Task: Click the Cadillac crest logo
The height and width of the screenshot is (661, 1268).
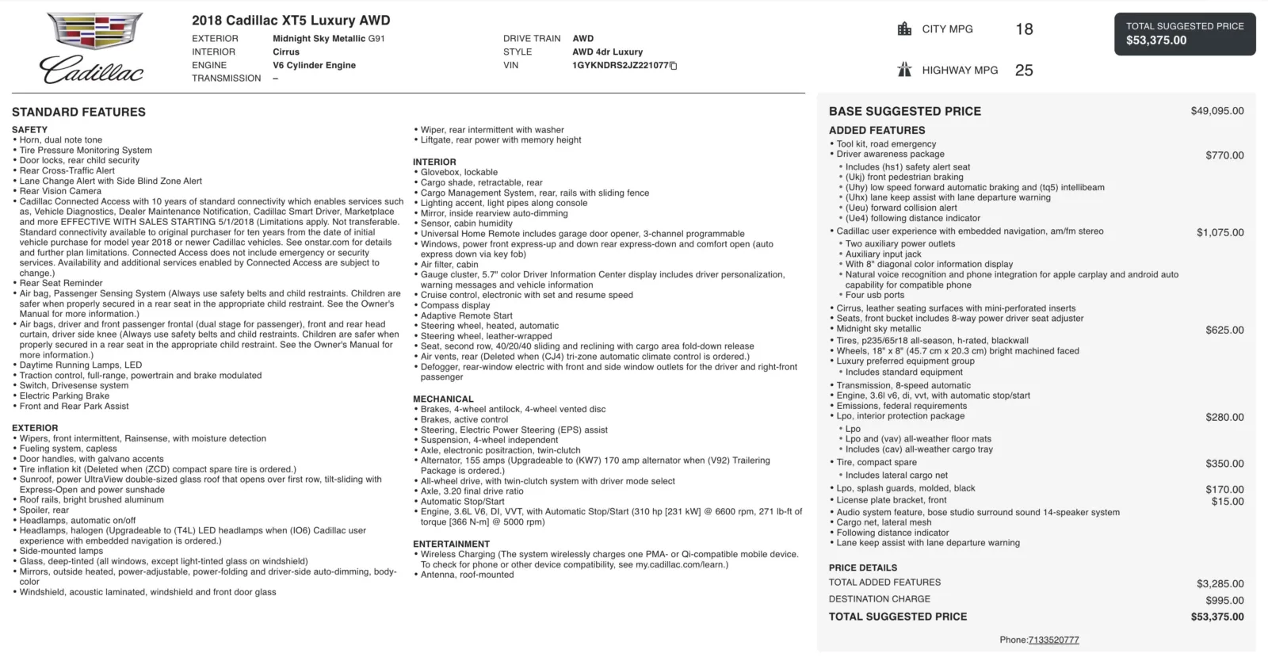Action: click(94, 32)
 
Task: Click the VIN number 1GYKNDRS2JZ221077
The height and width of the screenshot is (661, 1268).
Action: click(621, 65)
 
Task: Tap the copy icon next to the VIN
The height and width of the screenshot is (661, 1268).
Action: click(674, 66)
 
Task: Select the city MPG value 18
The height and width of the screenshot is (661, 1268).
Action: click(1024, 29)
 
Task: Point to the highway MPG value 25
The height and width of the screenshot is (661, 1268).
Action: click(1024, 71)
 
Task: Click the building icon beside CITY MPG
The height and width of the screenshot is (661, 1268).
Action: click(904, 29)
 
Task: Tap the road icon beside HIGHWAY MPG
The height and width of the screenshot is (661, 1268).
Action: click(904, 70)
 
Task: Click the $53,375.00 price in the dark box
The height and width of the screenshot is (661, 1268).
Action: click(1156, 40)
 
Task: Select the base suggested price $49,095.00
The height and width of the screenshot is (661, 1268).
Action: click(1216, 111)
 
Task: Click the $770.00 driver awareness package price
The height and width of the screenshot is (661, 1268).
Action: click(1224, 155)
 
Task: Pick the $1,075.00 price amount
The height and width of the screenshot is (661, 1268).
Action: click(1220, 232)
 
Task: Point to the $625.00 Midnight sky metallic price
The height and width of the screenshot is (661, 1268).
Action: click(1224, 330)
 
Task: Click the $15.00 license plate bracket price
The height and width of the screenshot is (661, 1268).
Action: click(1228, 501)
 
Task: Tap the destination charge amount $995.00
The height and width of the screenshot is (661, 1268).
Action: click(1224, 600)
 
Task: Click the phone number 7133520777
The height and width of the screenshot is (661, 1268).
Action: click(1053, 640)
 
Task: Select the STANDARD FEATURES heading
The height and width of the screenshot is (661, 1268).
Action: click(78, 112)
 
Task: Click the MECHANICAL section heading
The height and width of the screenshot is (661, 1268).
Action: click(443, 399)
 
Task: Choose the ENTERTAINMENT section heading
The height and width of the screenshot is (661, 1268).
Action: click(451, 544)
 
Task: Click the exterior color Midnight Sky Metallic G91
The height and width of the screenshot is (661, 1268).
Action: click(328, 38)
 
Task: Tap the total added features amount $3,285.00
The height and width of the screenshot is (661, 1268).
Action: click(1220, 583)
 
